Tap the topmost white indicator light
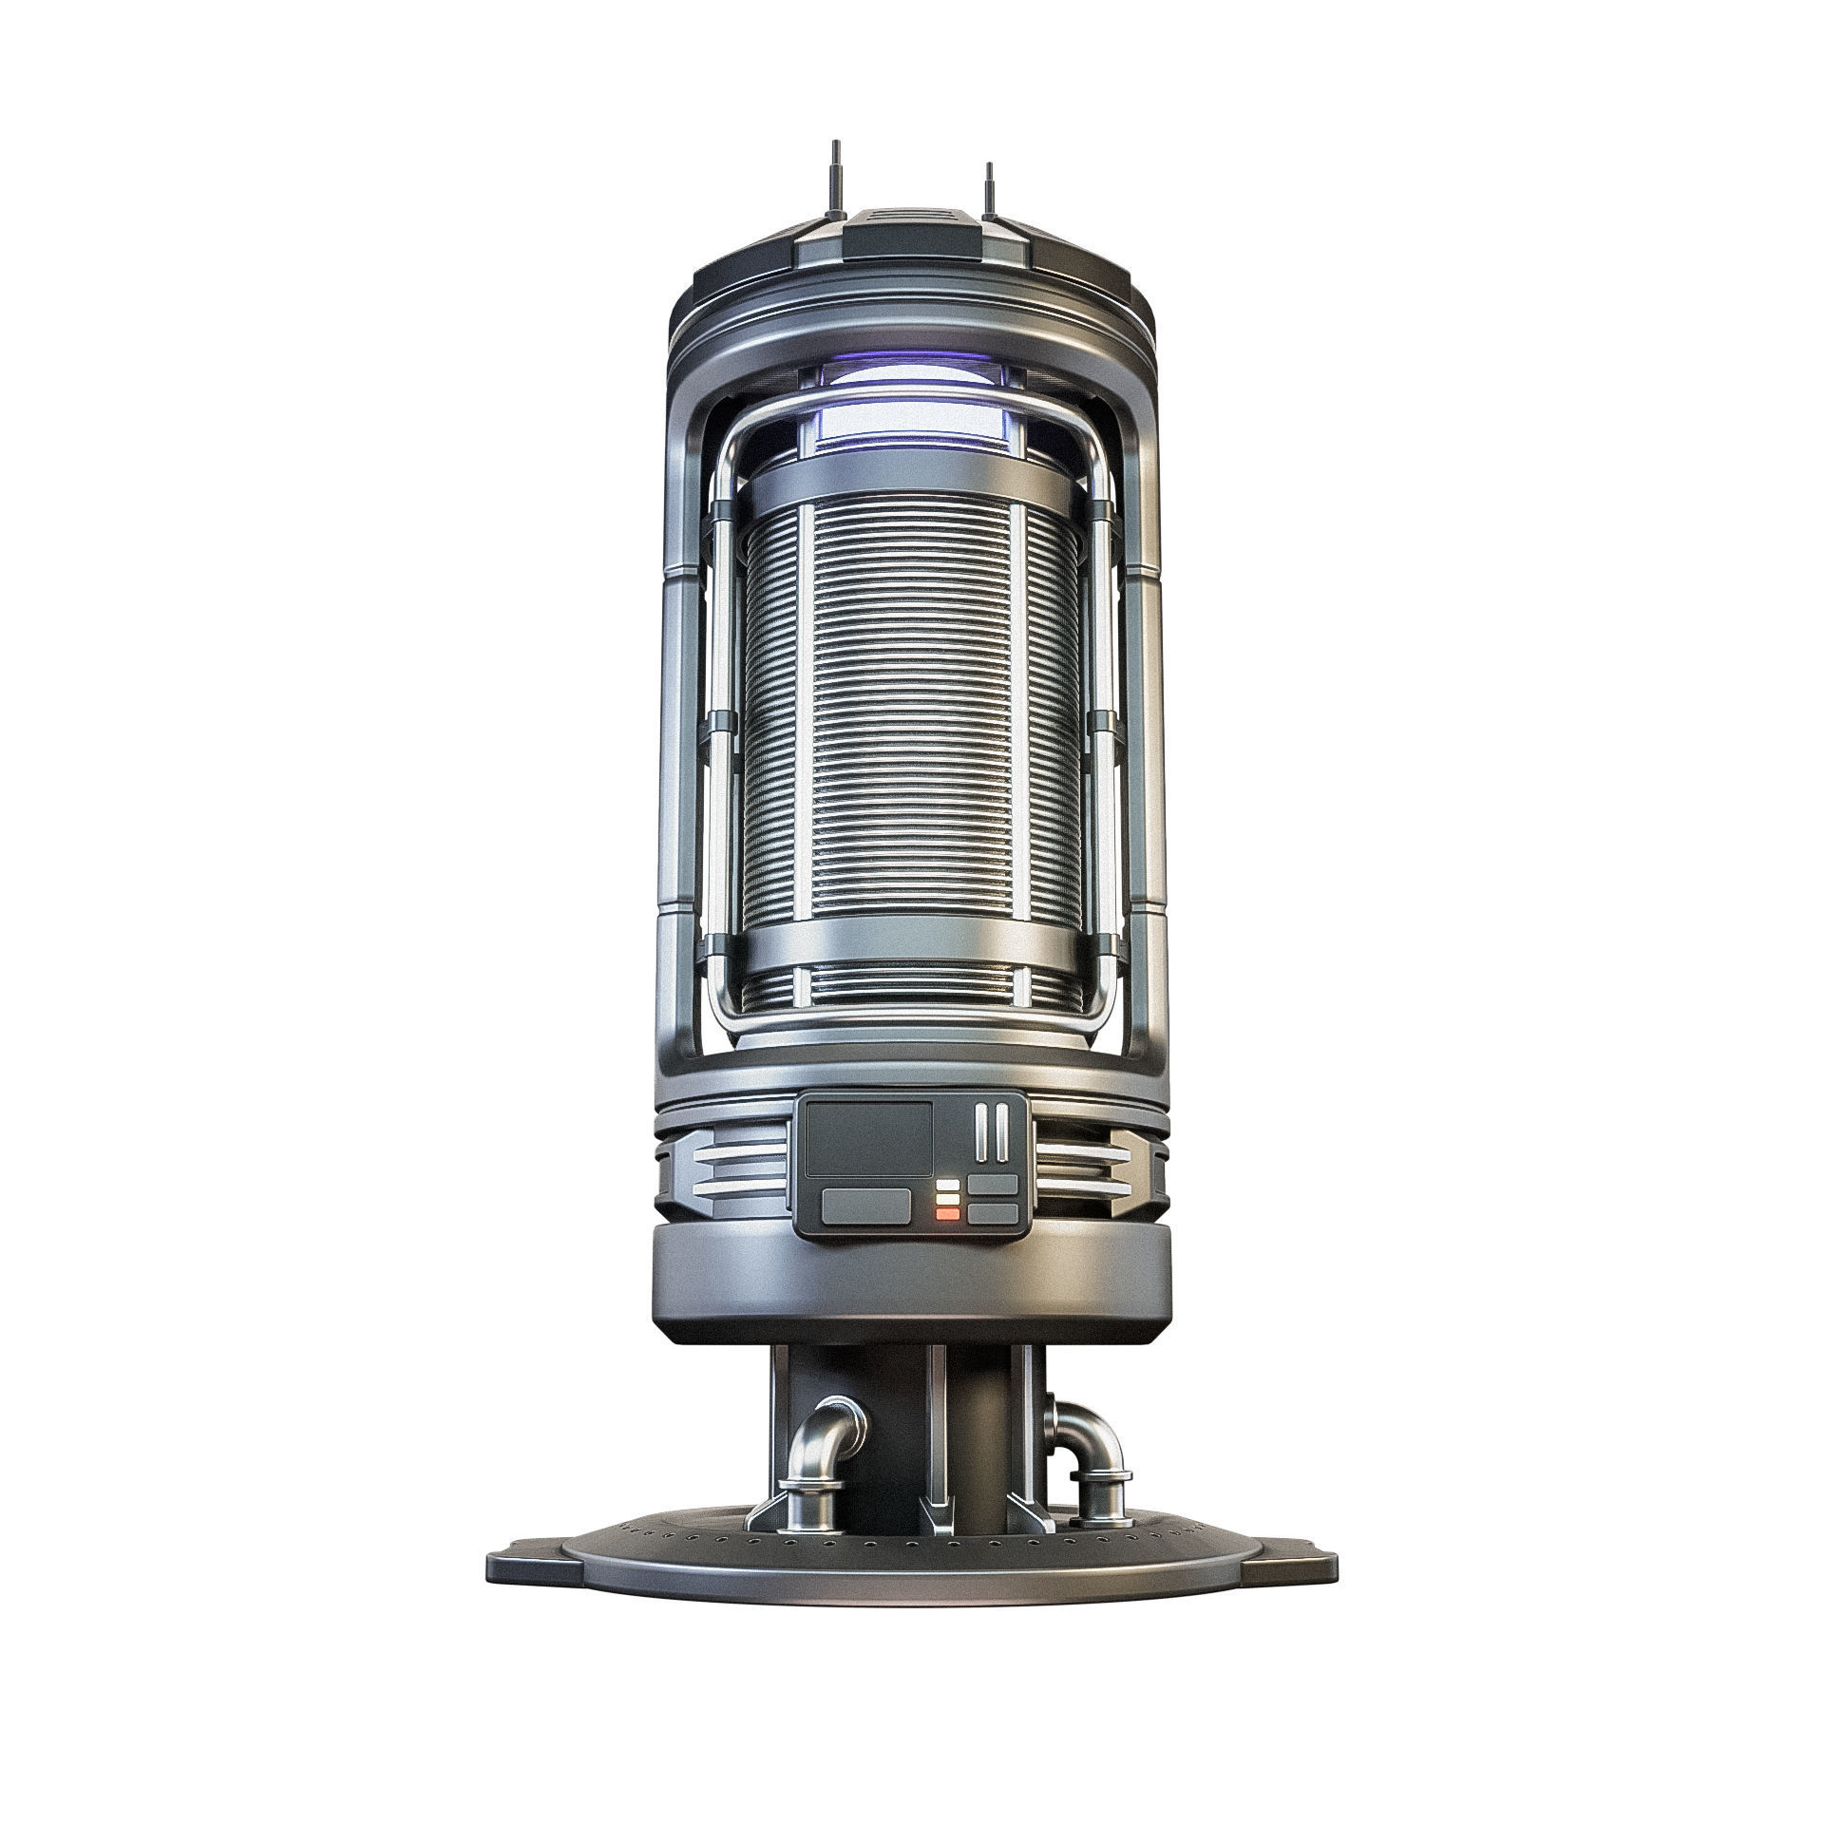point(947,1186)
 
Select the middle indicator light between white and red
point(947,1199)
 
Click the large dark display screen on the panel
point(868,1139)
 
